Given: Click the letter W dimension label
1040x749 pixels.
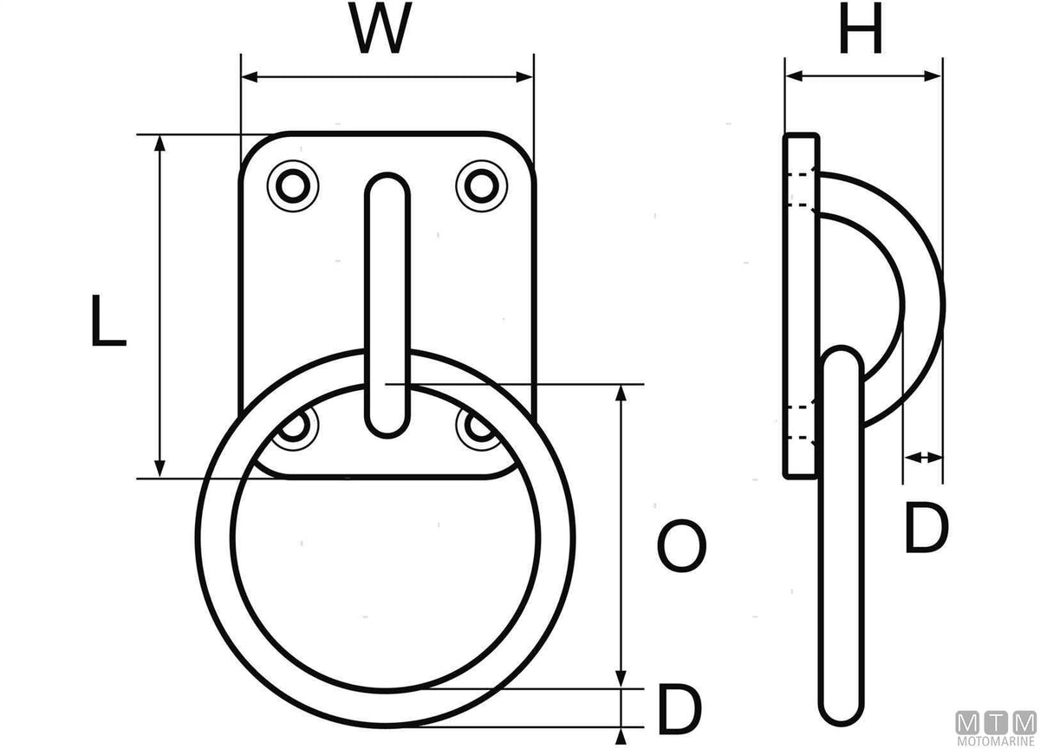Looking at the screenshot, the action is pos(380,29).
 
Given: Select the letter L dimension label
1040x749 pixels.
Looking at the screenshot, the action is pos(108,321).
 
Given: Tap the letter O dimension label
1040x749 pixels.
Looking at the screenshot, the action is pos(682,546).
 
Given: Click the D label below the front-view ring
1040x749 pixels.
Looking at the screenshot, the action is pos(679,708).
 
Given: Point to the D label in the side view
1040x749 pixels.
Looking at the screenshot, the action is pos(926,528).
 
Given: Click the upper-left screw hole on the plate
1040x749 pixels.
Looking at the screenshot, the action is pos(293,186).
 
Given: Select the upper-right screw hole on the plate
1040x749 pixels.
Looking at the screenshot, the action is pos(482,186).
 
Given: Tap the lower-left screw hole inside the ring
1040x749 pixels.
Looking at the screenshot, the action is pos(294,427).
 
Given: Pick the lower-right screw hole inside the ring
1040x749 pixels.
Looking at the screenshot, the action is pos(478,427).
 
